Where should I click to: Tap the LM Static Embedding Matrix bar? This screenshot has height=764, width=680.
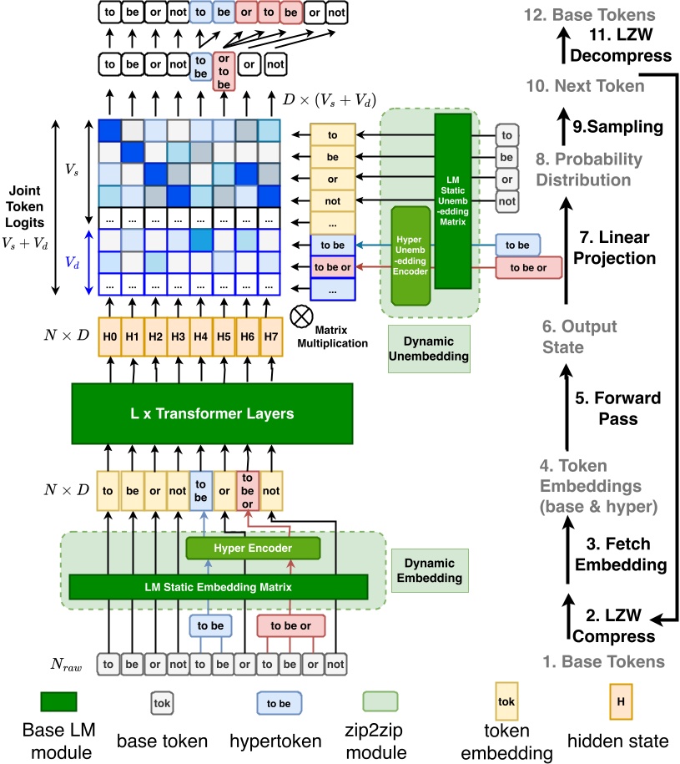(x=219, y=587)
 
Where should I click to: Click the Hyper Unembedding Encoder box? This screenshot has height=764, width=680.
(x=410, y=255)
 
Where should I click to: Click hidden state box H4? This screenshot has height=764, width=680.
(x=200, y=336)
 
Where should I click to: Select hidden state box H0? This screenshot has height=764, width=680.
(x=110, y=336)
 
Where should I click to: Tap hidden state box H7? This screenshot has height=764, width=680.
(x=269, y=336)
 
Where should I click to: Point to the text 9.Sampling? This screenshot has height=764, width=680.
(x=617, y=127)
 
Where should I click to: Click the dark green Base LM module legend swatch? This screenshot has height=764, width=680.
(x=58, y=702)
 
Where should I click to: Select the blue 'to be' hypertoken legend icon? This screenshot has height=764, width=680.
(x=279, y=703)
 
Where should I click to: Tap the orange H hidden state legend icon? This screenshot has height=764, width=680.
(x=620, y=702)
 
